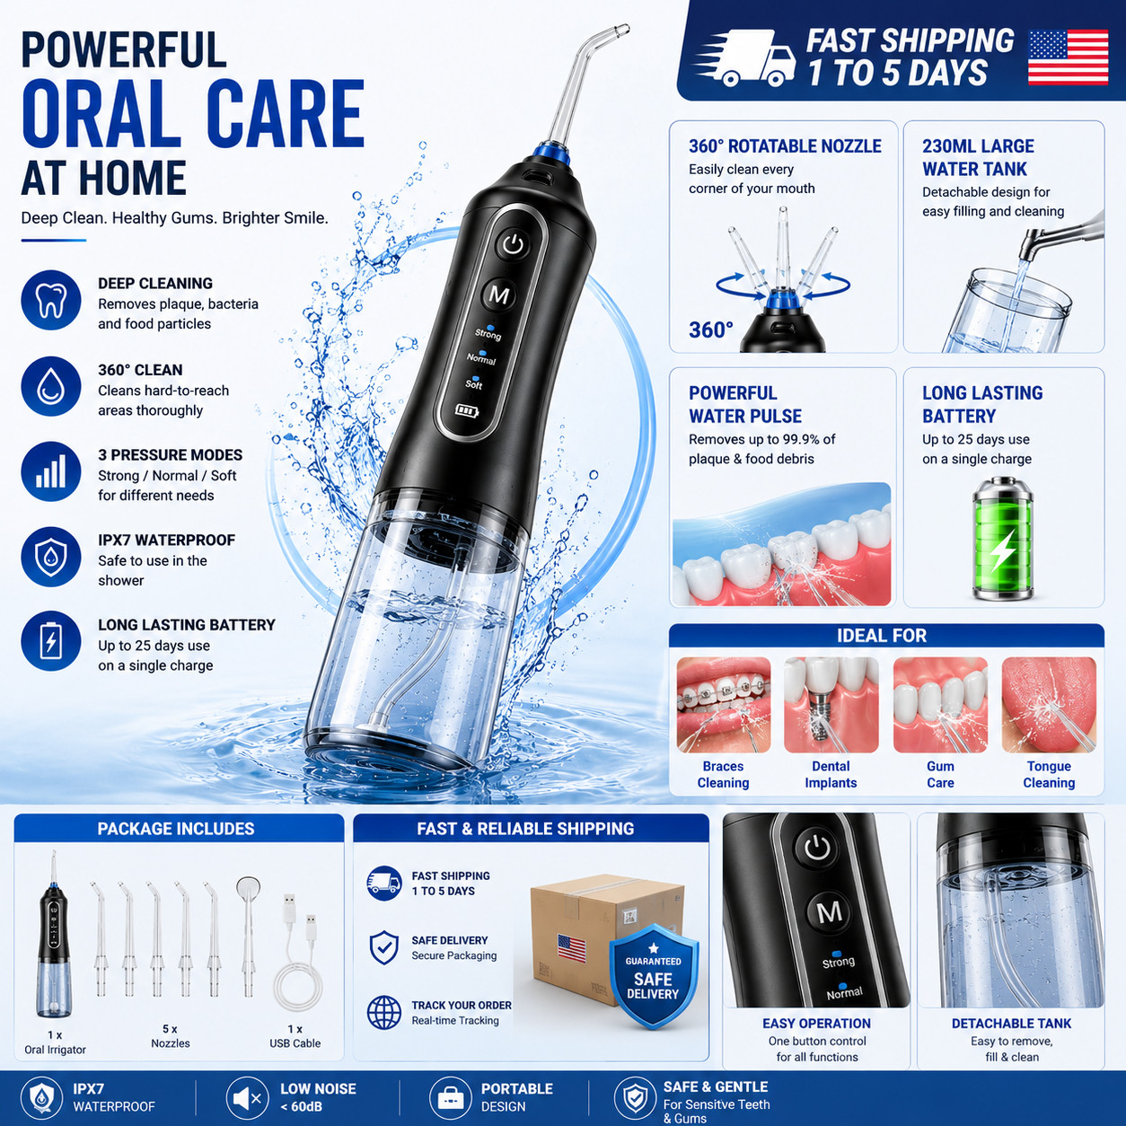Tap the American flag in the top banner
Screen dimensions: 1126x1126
point(1068,57)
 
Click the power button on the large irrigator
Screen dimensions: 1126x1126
point(513,243)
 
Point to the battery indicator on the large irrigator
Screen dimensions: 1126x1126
point(467,411)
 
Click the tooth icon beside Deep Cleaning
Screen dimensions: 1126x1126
point(51,300)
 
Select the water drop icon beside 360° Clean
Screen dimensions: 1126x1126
point(51,386)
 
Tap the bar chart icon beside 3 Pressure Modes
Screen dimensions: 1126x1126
point(51,471)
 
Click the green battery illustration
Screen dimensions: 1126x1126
point(1003,538)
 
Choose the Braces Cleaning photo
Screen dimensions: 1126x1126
point(724,705)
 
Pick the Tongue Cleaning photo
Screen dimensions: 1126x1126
point(1049,705)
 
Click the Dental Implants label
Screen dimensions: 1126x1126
point(831,774)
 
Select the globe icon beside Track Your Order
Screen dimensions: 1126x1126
point(384,1012)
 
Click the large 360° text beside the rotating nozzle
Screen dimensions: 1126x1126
point(710,330)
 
